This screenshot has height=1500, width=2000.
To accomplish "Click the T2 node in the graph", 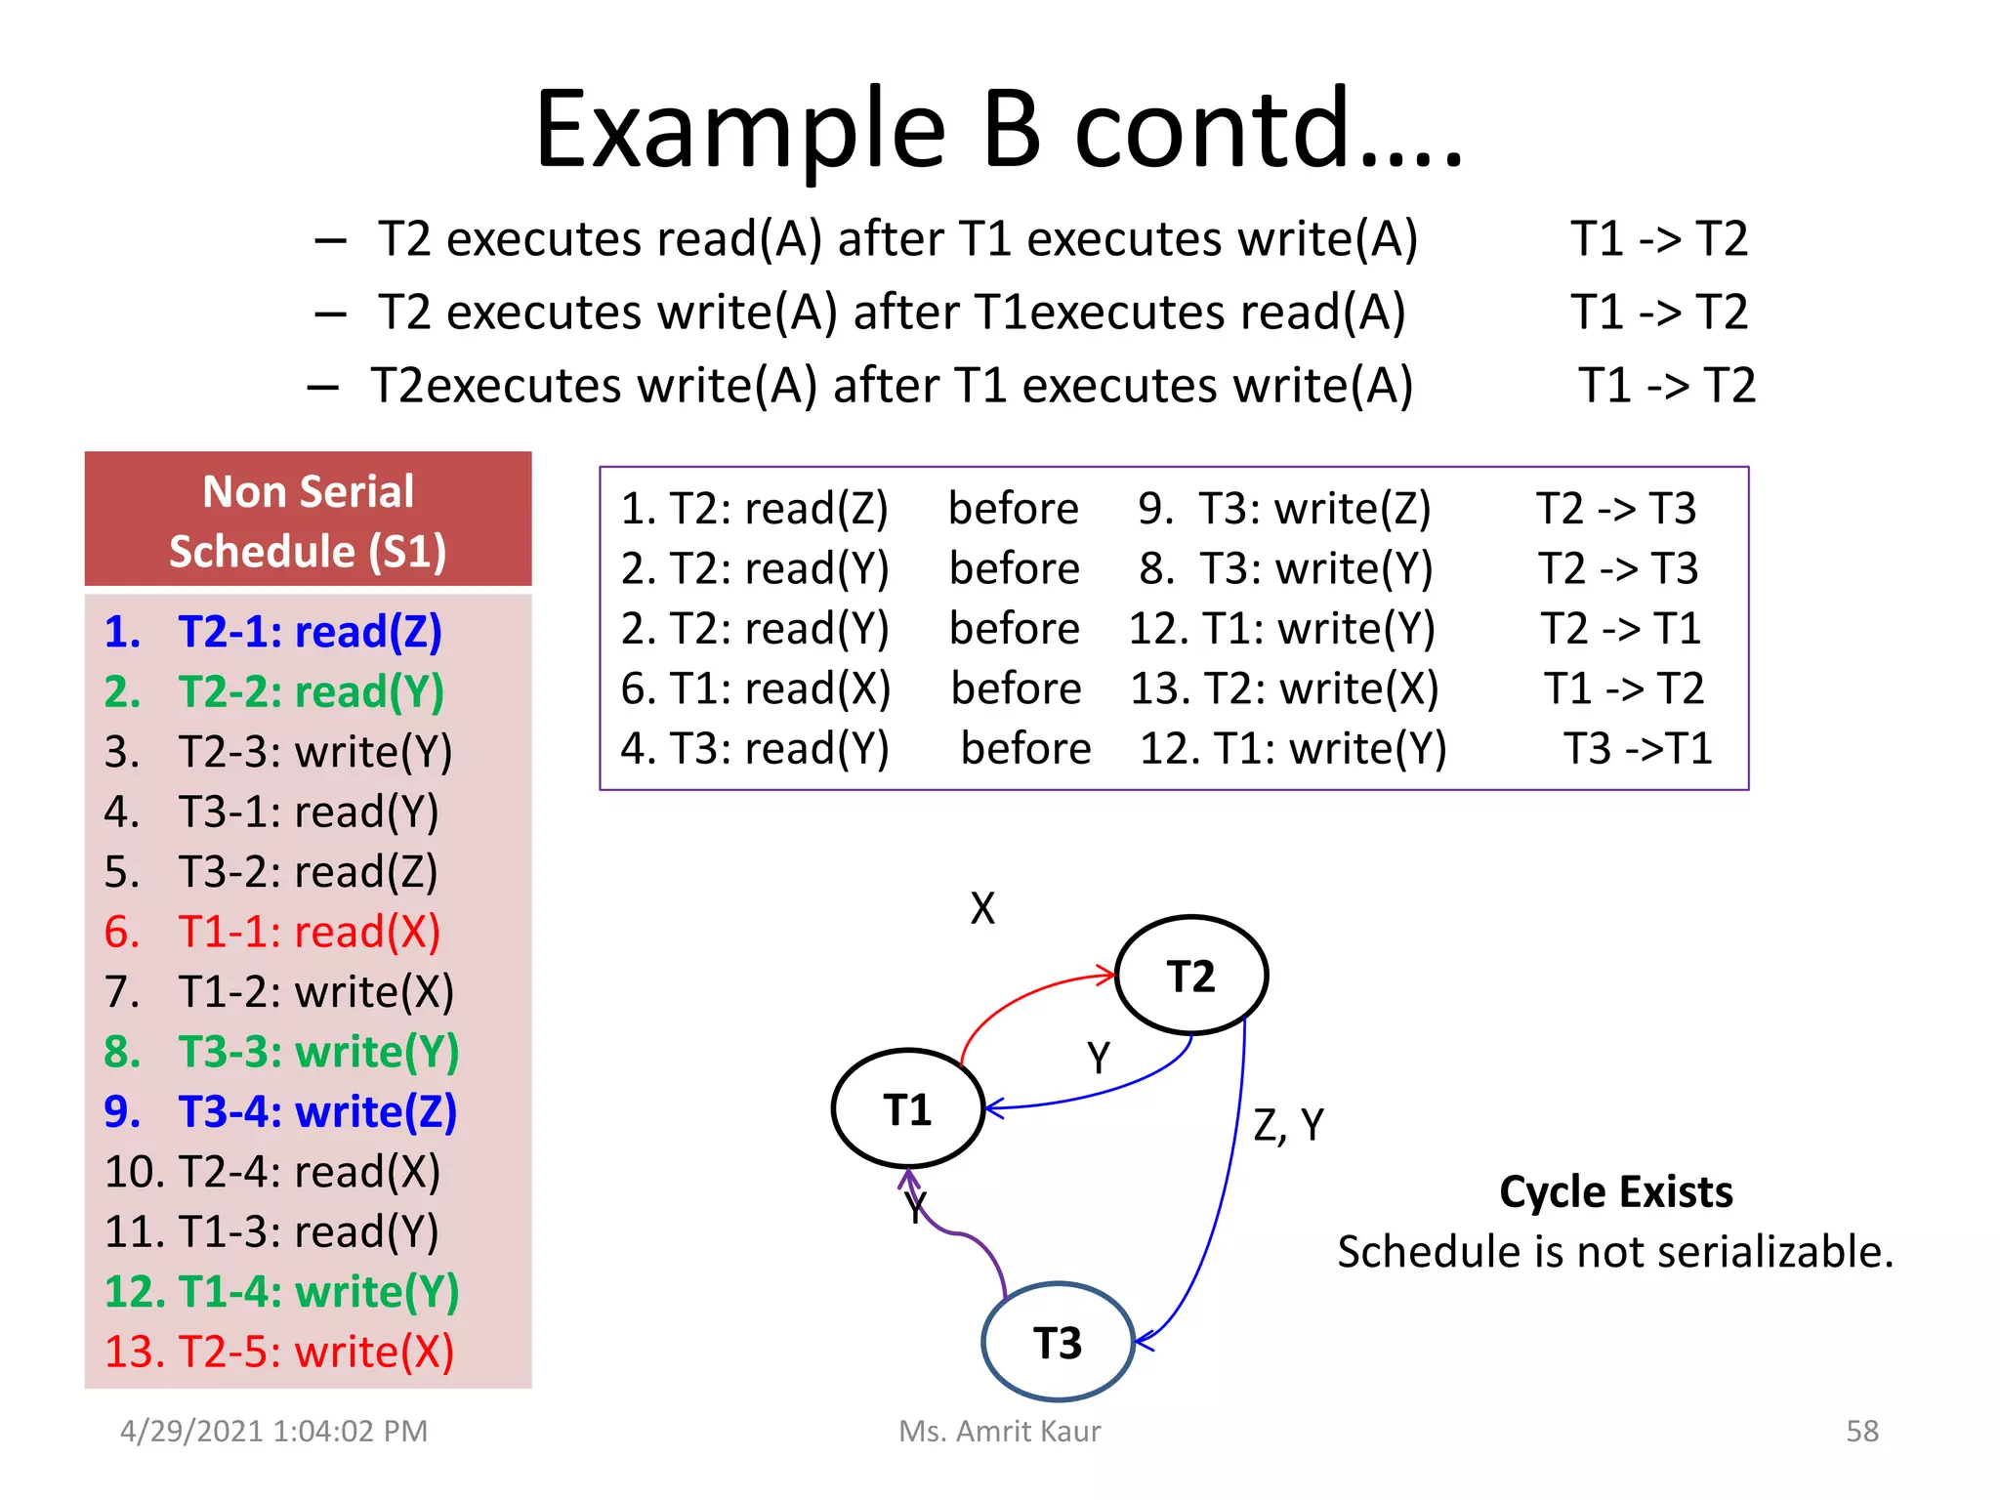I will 1190,976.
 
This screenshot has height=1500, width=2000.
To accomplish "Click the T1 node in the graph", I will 907,1109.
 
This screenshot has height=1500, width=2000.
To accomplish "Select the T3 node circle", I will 1058,1342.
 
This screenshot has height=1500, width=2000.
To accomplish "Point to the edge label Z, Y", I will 1288,1126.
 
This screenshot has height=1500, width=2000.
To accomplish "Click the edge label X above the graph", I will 982,908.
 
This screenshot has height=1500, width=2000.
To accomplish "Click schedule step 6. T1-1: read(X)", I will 272,932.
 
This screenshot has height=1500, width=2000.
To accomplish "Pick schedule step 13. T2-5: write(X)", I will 279,1352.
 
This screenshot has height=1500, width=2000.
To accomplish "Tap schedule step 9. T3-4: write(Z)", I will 280,1111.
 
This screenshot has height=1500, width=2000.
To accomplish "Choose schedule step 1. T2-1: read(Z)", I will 273,632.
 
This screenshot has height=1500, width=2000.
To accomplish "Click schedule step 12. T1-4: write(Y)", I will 281,1291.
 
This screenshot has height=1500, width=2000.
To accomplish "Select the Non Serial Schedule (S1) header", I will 308,521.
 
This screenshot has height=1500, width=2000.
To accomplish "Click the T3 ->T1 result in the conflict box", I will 1638,749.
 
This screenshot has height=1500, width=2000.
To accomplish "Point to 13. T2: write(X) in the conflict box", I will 1284,688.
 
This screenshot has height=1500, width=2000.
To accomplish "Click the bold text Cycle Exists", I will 1615,1192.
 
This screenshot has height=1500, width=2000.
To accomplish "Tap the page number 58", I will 1861,1431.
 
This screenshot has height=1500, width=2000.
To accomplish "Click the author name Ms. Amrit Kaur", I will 999,1431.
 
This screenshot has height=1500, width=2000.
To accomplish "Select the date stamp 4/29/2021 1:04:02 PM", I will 273,1431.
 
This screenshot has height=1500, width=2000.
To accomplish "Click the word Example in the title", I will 740,132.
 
